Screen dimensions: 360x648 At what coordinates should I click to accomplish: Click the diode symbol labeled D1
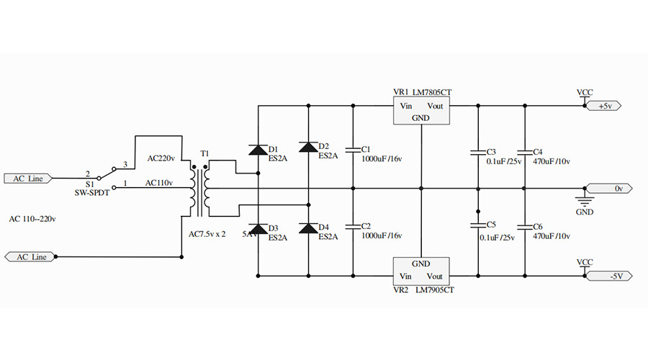tap(258, 150)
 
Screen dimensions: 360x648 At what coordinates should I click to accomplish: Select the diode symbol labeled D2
tap(308, 147)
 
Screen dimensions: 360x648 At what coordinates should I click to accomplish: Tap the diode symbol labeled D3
tap(258, 228)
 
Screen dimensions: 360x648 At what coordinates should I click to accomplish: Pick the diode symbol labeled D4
tap(308, 228)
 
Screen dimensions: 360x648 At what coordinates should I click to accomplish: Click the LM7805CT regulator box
tap(420, 111)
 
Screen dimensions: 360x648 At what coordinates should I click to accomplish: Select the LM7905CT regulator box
tap(420, 270)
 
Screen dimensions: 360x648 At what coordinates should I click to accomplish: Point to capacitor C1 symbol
tap(353, 150)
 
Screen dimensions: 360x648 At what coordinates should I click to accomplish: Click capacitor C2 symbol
tap(353, 226)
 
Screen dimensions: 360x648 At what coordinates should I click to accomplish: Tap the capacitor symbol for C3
tap(477, 152)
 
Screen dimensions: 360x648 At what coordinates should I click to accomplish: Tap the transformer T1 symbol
tap(199, 189)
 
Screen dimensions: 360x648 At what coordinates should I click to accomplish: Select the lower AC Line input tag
tap(30, 256)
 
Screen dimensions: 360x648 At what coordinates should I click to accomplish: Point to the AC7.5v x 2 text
tap(207, 235)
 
